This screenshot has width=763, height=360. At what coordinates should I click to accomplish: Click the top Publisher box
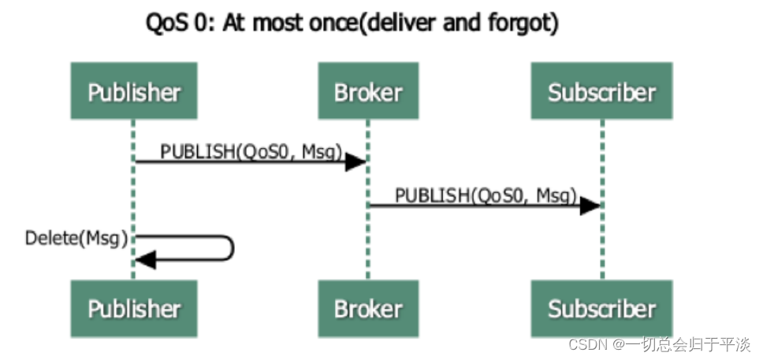point(134,93)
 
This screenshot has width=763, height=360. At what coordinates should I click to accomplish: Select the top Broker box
point(368,93)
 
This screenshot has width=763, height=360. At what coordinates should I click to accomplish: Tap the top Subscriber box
point(602,93)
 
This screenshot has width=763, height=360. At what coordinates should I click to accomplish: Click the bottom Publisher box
point(134,308)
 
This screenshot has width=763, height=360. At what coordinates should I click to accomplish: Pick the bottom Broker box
point(368,308)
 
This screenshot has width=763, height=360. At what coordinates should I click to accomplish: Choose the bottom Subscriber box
point(602,308)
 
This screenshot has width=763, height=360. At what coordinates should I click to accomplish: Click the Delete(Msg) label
point(76,238)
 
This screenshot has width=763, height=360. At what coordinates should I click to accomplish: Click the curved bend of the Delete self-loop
point(233,248)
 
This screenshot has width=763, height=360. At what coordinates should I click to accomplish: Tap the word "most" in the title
point(281,24)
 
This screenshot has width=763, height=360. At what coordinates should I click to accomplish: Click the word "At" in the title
point(236,24)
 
